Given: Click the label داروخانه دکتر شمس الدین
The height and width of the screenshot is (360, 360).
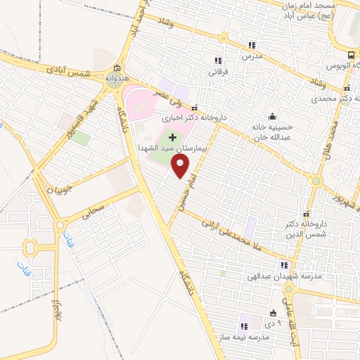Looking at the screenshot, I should coord(305,229).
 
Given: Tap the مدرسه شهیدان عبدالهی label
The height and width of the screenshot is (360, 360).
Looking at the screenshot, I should coord(288,276).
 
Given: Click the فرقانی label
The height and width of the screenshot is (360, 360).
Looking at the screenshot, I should coord(219,71).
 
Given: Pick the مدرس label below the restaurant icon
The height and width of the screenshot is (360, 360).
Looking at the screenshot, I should coord(252,55).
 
